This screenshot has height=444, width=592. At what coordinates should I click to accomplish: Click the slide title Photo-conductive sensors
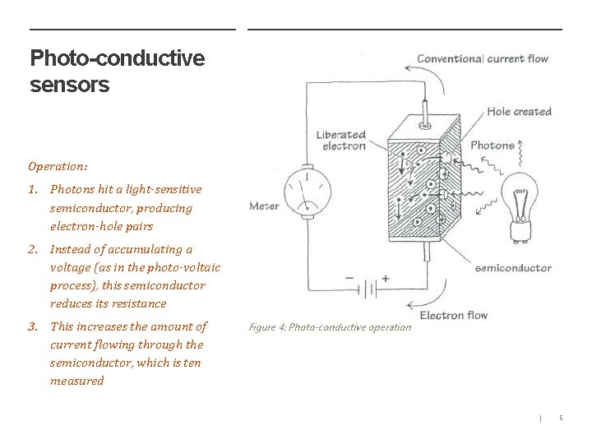point(117,71)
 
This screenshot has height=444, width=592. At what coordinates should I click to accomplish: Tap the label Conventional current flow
point(482,58)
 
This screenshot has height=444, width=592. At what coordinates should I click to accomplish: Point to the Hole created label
point(519,112)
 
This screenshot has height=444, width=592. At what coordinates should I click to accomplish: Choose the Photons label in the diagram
point(492,146)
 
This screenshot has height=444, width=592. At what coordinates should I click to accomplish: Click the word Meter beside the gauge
point(264,206)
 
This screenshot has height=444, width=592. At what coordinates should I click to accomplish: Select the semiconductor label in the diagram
point(513,267)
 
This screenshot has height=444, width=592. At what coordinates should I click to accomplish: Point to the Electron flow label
point(453,315)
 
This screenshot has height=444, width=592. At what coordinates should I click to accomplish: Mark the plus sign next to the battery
point(385,279)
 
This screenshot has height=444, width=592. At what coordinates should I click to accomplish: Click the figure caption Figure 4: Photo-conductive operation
point(329,327)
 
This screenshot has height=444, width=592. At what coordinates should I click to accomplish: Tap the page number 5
point(561,419)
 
